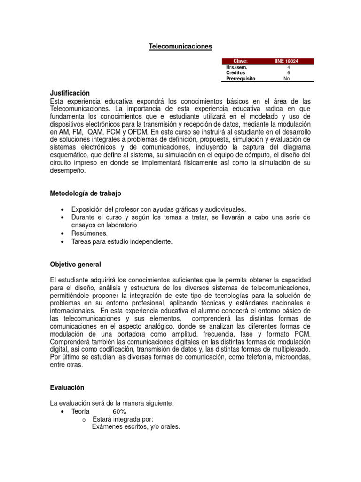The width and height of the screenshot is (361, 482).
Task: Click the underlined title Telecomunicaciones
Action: pyautogui.click(x=180, y=46)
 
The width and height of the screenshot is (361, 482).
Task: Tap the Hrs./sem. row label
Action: pyautogui.click(x=237, y=67)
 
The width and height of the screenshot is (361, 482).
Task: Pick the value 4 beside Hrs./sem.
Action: pyautogui.click(x=288, y=67)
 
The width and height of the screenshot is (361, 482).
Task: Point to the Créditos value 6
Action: pyautogui.click(x=288, y=73)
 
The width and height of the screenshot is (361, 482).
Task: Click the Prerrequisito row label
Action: pyautogui.click(x=241, y=79)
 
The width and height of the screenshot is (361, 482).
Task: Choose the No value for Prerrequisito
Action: pyautogui.click(x=287, y=79)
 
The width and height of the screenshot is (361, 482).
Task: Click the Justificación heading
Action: pyautogui.click(x=70, y=93)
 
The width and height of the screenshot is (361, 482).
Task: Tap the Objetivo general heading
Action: pyautogui.click(x=75, y=265)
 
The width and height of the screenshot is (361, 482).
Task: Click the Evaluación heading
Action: pyautogui.click(x=67, y=387)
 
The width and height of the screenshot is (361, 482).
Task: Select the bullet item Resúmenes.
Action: pyautogui.click(x=89, y=233)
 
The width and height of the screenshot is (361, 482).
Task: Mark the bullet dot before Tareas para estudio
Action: pyautogui.click(x=63, y=242)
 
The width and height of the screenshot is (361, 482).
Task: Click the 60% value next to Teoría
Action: pyautogui.click(x=119, y=411)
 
